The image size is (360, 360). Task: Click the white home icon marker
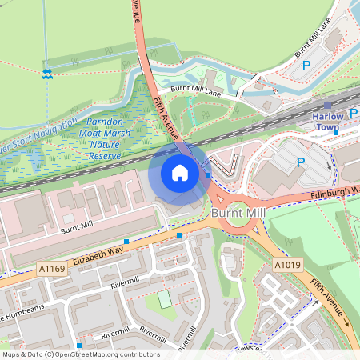tap(180, 172)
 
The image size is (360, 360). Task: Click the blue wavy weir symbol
tap(47, 74)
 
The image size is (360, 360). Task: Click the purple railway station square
tap(328, 105)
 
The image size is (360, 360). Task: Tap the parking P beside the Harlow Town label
tap(301, 162)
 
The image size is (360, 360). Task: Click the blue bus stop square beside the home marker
tap(207, 174)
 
